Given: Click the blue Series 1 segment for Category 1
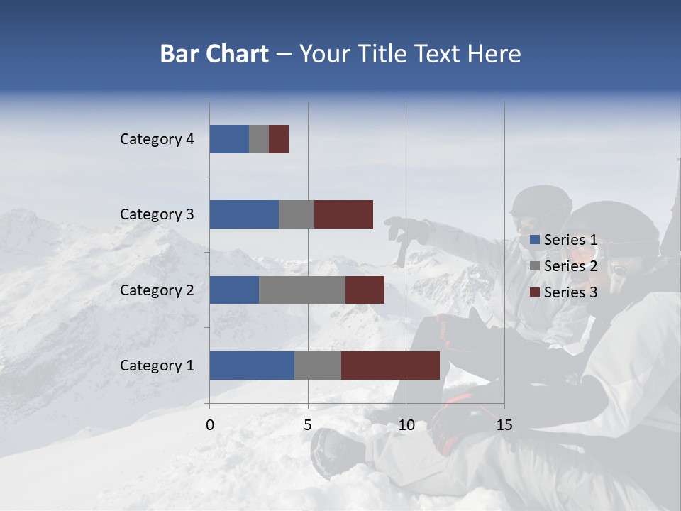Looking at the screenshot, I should tap(252, 366).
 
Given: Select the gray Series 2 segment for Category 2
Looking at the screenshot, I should tap(302, 290).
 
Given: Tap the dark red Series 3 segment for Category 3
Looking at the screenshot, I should tap(343, 214).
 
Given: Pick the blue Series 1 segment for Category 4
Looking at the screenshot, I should tap(229, 139).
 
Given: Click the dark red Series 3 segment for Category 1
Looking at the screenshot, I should tap(390, 366).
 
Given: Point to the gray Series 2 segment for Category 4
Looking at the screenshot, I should tap(259, 139).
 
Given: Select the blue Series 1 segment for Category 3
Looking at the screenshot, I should tap(244, 214).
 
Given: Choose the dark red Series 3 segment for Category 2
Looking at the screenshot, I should tap(365, 290).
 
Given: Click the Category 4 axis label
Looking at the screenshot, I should tap(157, 139).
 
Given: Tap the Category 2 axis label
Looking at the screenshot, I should tap(157, 290).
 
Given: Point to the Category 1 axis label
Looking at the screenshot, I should tap(157, 366).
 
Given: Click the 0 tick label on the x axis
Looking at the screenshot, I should tap(210, 425).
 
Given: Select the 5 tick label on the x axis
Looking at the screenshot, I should tap(308, 425).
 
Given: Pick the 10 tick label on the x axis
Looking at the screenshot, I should tap(406, 425).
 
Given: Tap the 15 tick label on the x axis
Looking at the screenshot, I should tap(504, 425).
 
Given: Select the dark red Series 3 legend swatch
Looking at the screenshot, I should tap(534, 292).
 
